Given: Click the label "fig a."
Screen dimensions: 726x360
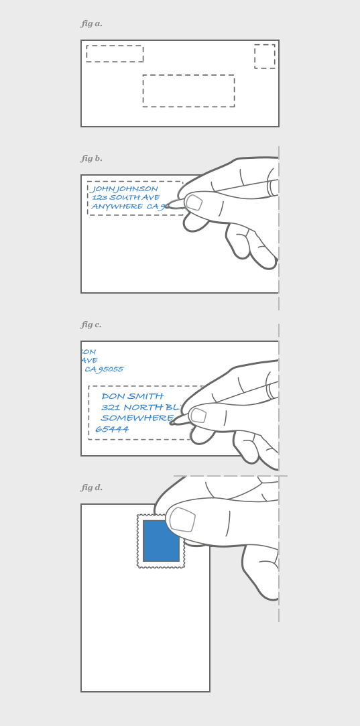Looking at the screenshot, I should (x=92, y=24).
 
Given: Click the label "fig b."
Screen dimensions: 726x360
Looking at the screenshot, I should (x=92, y=159).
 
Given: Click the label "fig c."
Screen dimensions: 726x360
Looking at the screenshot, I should (x=91, y=325).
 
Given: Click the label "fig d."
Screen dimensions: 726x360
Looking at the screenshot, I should (x=92, y=488).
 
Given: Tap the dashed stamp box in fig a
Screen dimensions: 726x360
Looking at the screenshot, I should (x=264, y=56).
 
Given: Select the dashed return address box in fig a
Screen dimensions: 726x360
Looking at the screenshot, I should (x=115, y=54).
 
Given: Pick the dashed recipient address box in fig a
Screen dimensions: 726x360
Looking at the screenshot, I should (x=188, y=90).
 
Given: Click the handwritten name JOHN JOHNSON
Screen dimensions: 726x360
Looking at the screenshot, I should (x=125, y=189).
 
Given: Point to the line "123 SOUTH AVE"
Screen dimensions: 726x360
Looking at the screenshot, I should (x=125, y=198).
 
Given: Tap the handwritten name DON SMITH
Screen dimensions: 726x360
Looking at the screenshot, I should (x=132, y=396).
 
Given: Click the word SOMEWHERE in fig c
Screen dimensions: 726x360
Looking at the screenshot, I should (x=137, y=418).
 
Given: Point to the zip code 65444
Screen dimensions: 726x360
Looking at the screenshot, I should (x=112, y=429).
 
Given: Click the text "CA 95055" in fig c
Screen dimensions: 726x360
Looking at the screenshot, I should (x=104, y=369).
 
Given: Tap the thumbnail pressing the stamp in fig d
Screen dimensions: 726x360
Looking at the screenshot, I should (x=182, y=520).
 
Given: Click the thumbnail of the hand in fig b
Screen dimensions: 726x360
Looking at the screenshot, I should (x=194, y=202).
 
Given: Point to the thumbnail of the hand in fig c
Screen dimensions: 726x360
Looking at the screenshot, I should (x=198, y=416).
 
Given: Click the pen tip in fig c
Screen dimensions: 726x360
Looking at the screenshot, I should (x=172, y=422).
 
